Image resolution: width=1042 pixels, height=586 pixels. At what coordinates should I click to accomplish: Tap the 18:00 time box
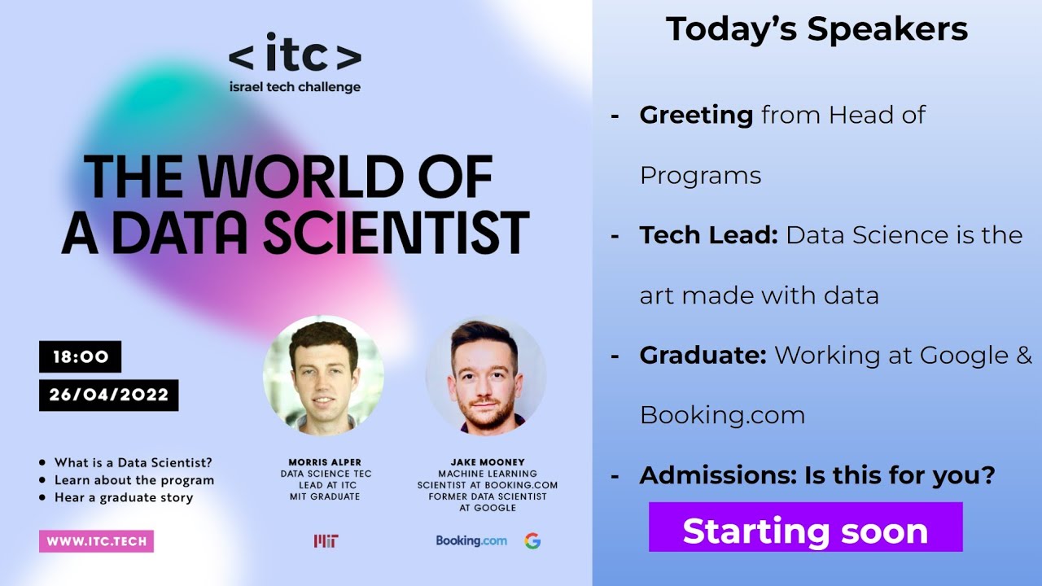click(x=81, y=356)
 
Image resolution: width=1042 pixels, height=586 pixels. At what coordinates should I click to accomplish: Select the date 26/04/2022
click(x=109, y=395)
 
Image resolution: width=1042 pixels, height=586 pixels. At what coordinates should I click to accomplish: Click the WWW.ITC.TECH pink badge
click(x=96, y=541)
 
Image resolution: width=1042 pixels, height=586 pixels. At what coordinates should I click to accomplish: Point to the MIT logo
click(x=326, y=541)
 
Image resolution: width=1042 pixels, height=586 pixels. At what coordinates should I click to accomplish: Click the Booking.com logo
click(x=471, y=540)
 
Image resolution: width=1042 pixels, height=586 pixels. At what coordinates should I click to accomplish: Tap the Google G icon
click(x=532, y=541)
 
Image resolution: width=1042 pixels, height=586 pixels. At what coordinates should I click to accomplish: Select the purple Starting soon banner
click(x=805, y=531)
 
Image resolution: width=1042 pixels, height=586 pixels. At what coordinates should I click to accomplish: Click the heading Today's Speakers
click(x=817, y=29)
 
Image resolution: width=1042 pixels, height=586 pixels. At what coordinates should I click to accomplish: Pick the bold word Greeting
click(x=696, y=115)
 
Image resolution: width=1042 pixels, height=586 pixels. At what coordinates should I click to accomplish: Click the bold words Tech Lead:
click(x=709, y=235)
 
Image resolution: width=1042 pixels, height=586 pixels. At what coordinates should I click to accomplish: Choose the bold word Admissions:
click(x=718, y=474)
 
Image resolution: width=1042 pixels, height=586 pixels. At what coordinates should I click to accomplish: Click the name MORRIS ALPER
click(x=325, y=462)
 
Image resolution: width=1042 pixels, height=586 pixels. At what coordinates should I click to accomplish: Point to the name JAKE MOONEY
click(x=487, y=462)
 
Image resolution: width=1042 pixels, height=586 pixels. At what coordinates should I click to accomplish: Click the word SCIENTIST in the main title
click(x=396, y=231)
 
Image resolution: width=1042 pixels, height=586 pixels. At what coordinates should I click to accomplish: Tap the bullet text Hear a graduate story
click(x=123, y=497)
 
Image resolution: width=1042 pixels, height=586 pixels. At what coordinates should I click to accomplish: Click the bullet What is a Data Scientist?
click(x=133, y=462)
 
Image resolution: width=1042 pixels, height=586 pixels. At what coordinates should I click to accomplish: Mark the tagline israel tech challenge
click(x=295, y=87)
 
